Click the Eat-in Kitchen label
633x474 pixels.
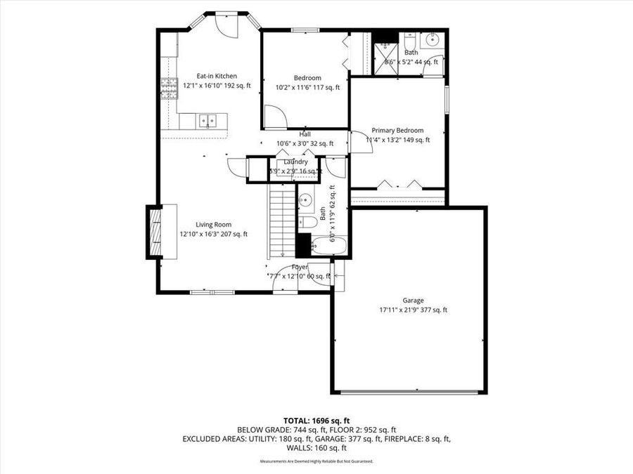(216, 76)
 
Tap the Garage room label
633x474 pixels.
(413, 301)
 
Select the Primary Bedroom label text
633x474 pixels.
(397, 131)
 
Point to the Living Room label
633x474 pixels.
(213, 225)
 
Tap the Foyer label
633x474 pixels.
(300, 268)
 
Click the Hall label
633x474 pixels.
(305, 135)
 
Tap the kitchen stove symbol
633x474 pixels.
(169, 88)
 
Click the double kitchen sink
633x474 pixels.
(207, 121)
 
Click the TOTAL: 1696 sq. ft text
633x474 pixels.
(316, 419)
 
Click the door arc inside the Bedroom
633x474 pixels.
(277, 117)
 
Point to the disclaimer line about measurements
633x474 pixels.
(316, 461)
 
